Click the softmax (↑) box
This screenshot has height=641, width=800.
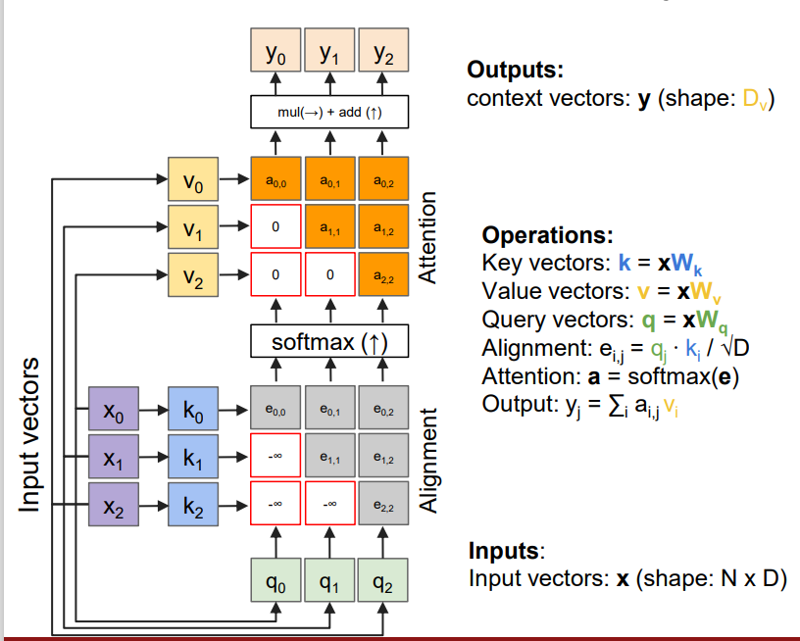pyautogui.click(x=329, y=343)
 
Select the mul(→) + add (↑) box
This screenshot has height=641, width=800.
pyautogui.click(x=329, y=113)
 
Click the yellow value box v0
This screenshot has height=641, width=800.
pyautogui.click(x=194, y=181)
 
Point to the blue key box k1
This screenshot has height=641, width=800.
pyautogui.click(x=194, y=458)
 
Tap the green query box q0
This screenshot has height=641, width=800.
pyautogui.click(x=275, y=584)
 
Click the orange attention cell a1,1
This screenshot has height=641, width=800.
pyautogui.click(x=330, y=229)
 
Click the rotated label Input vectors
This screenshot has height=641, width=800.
pyautogui.click(x=30, y=433)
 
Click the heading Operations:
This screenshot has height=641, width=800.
pyautogui.click(x=547, y=236)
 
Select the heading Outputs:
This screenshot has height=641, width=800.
pyautogui.click(x=516, y=71)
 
